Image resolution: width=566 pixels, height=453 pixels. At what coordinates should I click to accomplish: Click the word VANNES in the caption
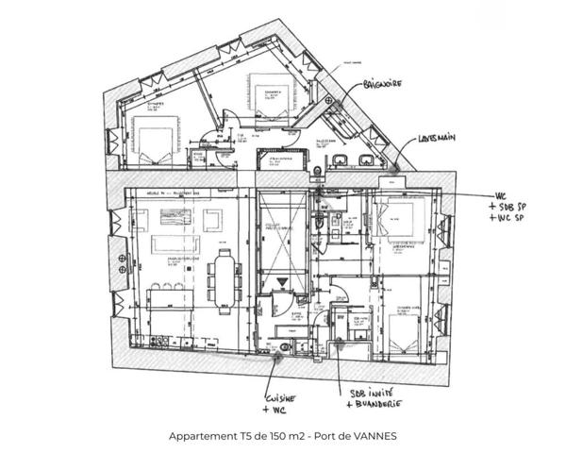click(376, 437)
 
